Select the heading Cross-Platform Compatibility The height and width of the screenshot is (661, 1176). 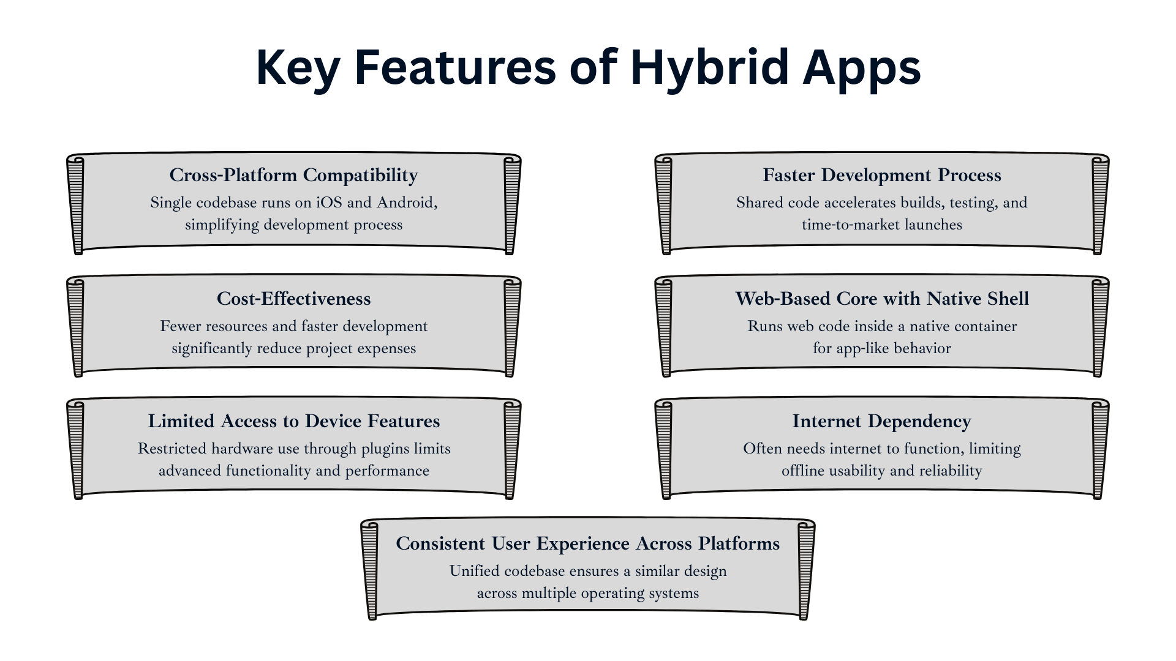click(x=294, y=175)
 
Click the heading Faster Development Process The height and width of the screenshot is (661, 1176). click(x=882, y=175)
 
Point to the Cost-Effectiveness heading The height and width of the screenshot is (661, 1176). click(x=294, y=299)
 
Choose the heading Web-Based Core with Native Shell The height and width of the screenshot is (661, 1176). click(x=882, y=299)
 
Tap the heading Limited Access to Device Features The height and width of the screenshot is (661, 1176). click(x=294, y=421)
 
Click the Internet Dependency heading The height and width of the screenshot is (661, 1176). click(x=882, y=421)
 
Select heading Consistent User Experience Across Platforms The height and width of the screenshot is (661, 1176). click(x=588, y=543)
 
